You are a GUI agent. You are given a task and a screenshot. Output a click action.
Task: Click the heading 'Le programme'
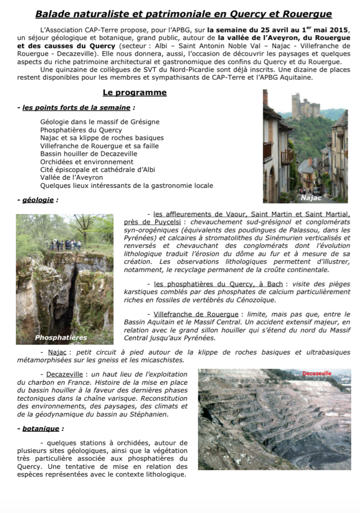pos(135,93)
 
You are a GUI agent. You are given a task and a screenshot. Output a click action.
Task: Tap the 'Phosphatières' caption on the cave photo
pos(61,338)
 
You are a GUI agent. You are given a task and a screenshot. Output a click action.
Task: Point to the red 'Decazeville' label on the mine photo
pos(317,374)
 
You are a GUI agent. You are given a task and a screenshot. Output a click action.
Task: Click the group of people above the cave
pos(64,245)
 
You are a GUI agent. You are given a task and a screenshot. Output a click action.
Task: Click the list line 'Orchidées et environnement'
pos(87,162)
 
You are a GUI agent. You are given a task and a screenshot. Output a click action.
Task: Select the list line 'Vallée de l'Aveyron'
pos(72,177)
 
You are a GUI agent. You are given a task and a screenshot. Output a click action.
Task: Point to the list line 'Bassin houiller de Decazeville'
pos(89,154)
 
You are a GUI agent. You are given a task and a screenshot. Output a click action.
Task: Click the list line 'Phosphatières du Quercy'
pos(81,130)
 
